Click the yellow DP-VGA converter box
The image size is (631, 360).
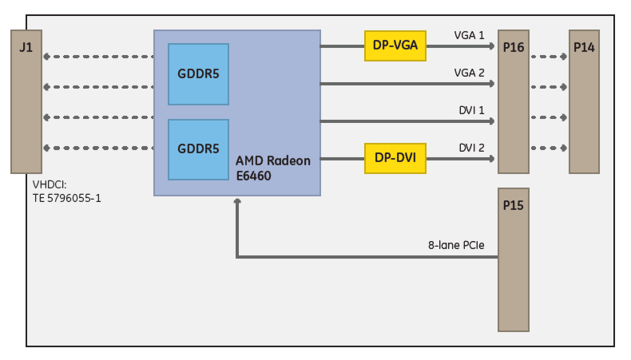(395, 45)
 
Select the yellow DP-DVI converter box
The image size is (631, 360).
(395, 158)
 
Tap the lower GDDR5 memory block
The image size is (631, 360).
(198, 149)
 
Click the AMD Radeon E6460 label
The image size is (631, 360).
(272, 168)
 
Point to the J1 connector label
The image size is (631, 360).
(26, 47)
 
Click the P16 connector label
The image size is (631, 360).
(514, 47)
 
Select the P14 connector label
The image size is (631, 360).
(584, 47)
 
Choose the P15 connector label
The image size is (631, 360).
(514, 205)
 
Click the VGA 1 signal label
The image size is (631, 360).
(469, 35)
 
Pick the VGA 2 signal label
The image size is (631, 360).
(469, 73)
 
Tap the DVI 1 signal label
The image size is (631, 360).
(470, 110)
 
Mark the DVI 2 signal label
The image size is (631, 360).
(470, 148)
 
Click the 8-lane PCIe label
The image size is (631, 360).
(456, 245)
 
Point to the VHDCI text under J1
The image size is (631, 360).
(50, 185)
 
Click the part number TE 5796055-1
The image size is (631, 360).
(66, 198)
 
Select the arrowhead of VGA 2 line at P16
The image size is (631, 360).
(492, 84)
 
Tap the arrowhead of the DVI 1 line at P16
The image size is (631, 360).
(492, 121)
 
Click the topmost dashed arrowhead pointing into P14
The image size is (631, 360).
(565, 57)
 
